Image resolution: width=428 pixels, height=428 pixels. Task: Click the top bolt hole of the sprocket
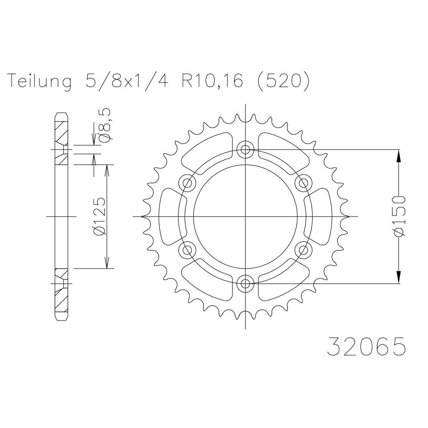click(245, 149)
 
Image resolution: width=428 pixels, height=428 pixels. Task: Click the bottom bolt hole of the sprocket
click(245, 284)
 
